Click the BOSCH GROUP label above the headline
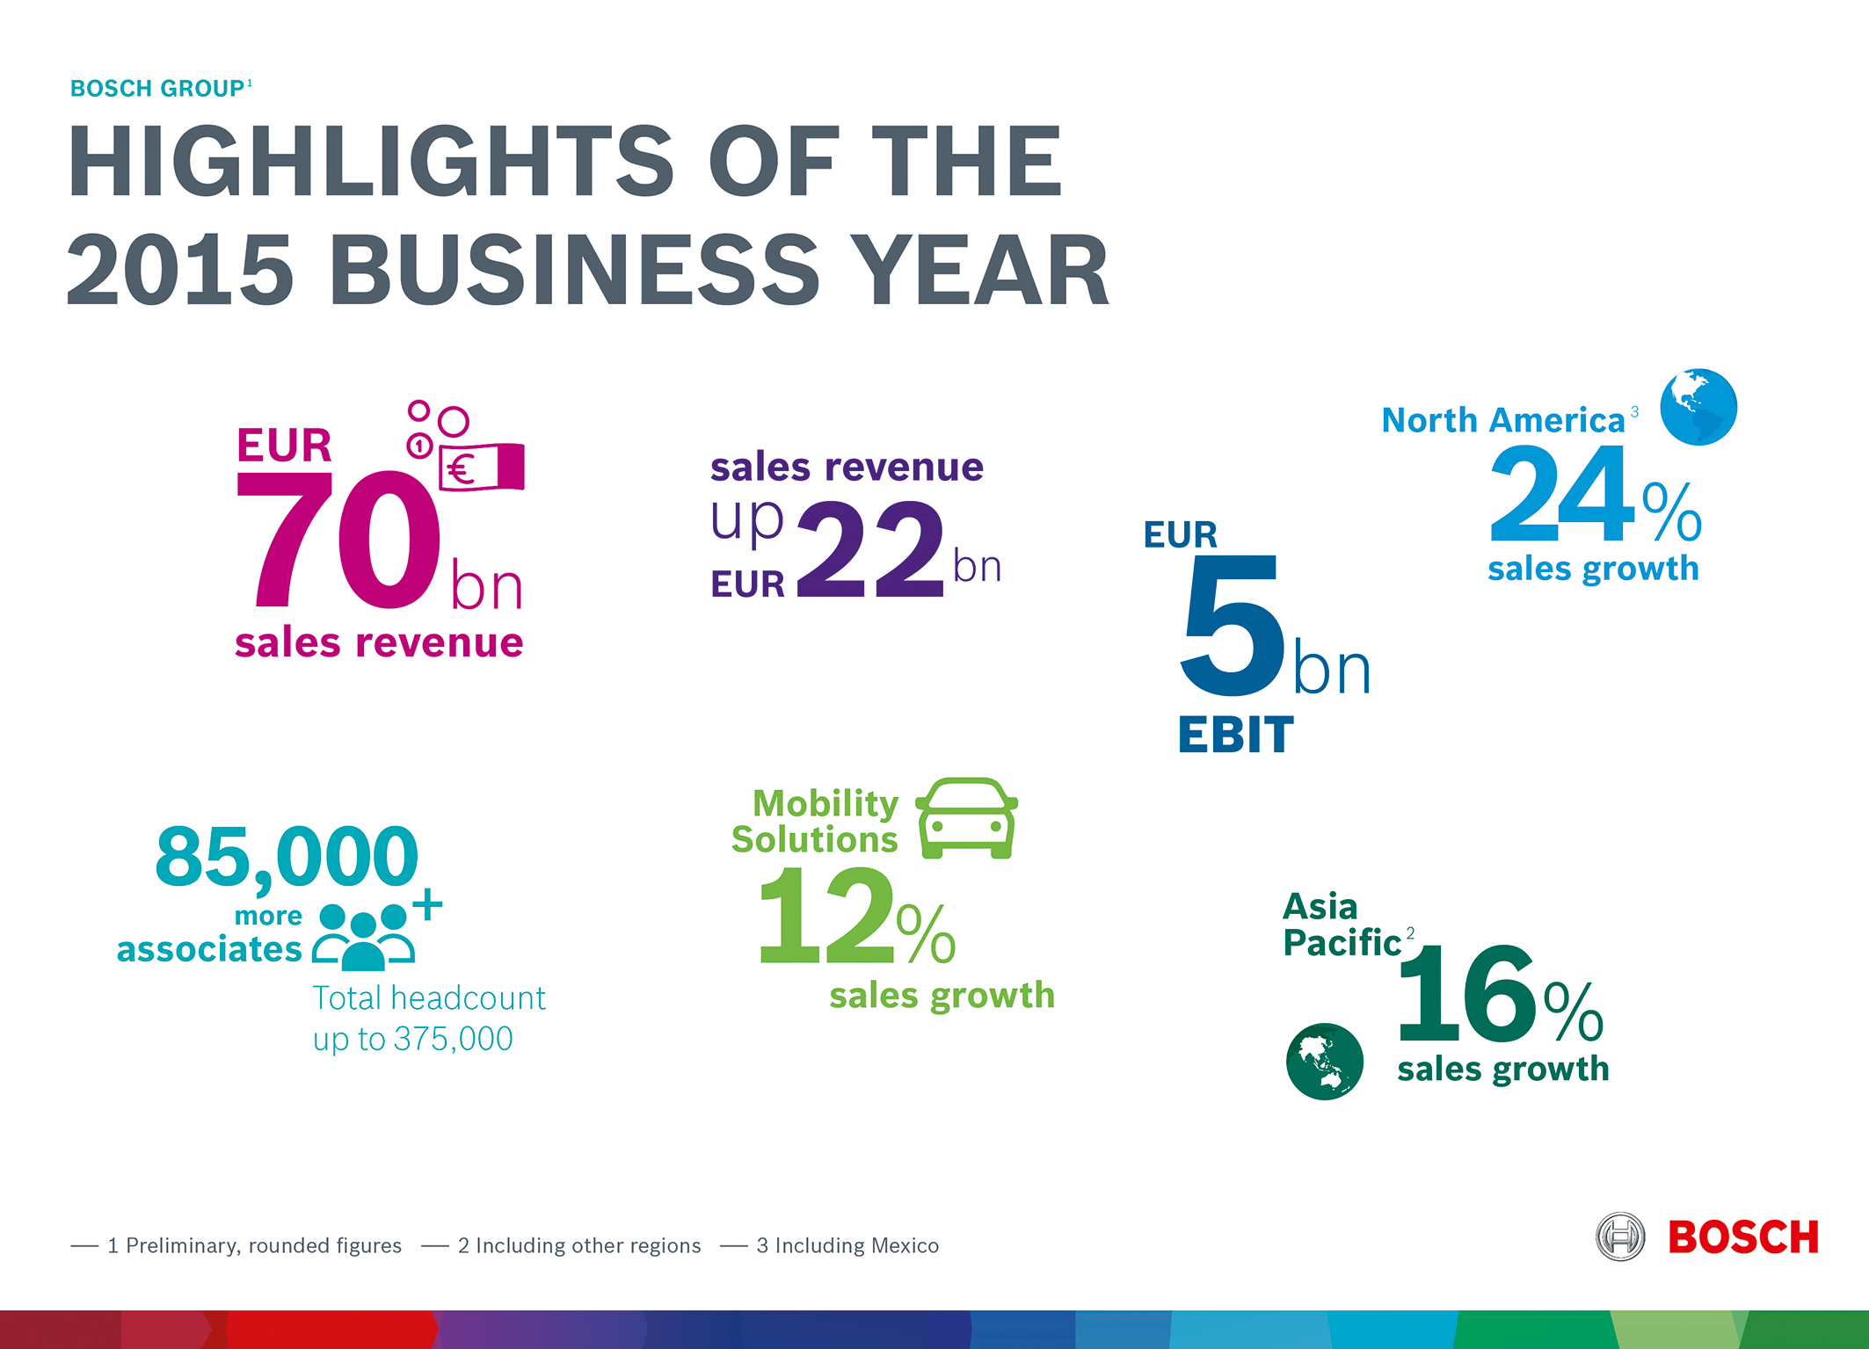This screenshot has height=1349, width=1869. coord(158,89)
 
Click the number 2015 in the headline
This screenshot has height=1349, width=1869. coord(179,271)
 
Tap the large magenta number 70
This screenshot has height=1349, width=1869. coord(338,540)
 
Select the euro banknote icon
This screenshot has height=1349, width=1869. coord(481,467)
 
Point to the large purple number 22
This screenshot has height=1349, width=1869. coord(870,551)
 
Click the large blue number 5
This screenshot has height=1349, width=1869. coord(1231,626)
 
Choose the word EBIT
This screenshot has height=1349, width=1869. coord(1235,735)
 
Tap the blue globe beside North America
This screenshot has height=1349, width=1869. coord(1698,407)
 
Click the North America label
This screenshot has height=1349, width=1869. coord(1502,421)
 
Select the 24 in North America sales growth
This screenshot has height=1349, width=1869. coord(1562,494)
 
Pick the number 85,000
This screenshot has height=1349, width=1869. coord(287,856)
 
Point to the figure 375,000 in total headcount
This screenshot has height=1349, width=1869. coord(453,1040)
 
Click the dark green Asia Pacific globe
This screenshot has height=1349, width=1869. coord(1324,1061)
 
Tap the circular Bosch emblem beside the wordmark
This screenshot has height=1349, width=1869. coord(1620,1237)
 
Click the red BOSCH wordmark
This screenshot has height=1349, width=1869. coord(1743,1237)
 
